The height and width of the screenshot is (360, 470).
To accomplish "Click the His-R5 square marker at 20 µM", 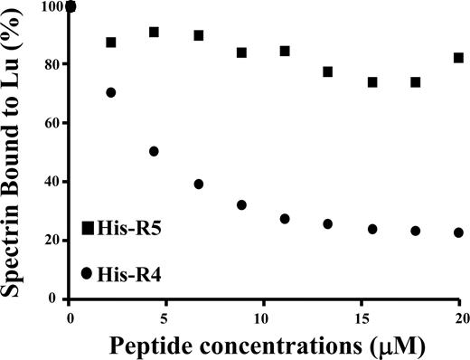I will click(x=458, y=58).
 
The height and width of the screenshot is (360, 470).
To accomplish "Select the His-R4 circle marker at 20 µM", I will click(x=458, y=232).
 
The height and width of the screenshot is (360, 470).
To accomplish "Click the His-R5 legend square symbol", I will click(x=88, y=228).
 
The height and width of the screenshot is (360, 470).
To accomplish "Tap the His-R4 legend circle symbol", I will click(x=87, y=272).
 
